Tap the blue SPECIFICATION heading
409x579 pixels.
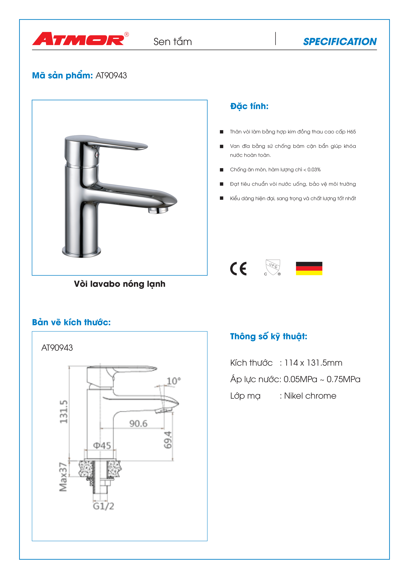tap(340, 42)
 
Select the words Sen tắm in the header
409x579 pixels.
tap(173, 42)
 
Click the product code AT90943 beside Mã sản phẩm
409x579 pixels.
tap(111, 75)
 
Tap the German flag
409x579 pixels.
tap(309, 268)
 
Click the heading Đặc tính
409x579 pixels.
tap(249, 106)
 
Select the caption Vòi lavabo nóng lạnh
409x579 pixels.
tap(120, 284)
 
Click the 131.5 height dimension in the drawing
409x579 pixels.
tap(63, 412)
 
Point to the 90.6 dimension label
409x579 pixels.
tap(138, 423)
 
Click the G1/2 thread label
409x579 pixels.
tap(103, 506)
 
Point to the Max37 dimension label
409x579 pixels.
tap(63, 477)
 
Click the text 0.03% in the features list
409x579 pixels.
tap(314, 170)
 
